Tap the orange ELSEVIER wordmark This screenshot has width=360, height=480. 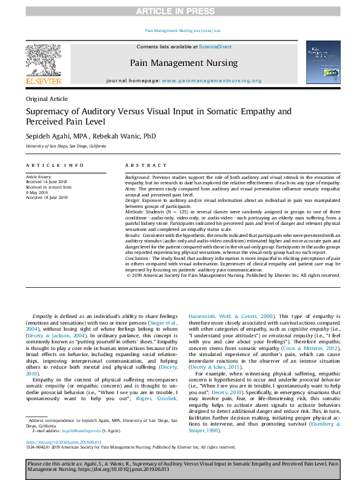[x=43, y=81]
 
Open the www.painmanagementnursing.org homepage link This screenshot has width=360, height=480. [x=212, y=80]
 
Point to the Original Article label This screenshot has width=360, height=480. [x=47, y=99]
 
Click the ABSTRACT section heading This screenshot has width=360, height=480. [x=145, y=165]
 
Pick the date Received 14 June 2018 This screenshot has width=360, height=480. [x=47, y=181]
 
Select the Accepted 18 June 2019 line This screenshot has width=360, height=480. [x=47, y=197]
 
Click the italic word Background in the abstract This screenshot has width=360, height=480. [x=138, y=177]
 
